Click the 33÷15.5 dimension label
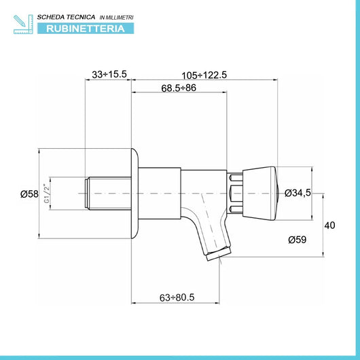click(109, 74)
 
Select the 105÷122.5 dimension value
click(204, 75)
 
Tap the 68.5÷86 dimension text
click(179, 88)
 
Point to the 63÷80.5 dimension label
click(177, 298)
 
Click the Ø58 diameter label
click(29, 194)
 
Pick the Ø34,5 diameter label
click(298, 193)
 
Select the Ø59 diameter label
click(298, 240)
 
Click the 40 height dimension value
click(329, 226)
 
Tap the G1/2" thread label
click(47, 194)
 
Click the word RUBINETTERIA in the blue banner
click(86, 29)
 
